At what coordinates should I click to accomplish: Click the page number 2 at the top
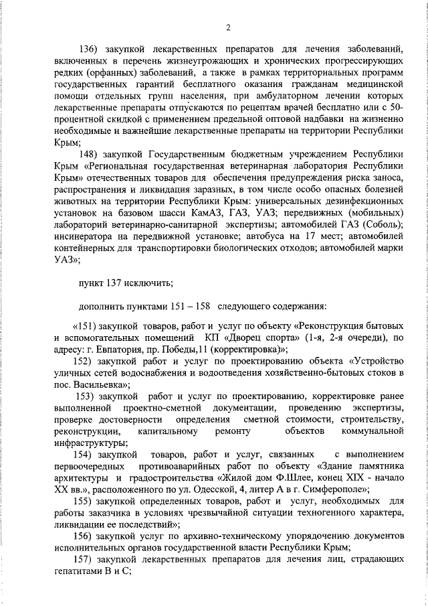(x=227, y=27)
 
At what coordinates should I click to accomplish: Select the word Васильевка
(x=98, y=385)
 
